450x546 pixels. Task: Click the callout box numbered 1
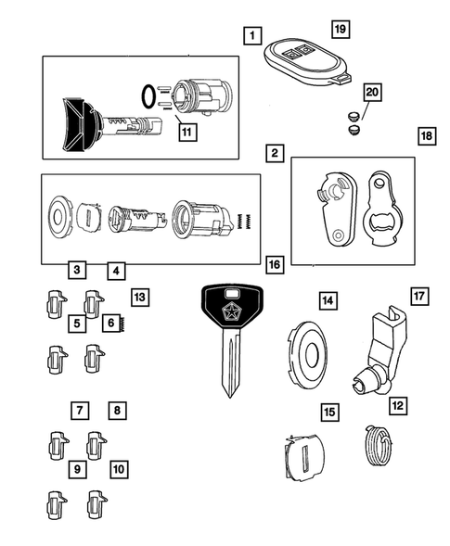pyautogui.click(x=250, y=36)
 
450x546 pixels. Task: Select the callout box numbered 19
pyautogui.click(x=340, y=30)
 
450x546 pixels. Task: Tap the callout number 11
pyautogui.click(x=187, y=132)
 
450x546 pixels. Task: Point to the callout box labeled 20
pyautogui.click(x=372, y=92)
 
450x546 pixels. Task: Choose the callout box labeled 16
pyautogui.click(x=274, y=266)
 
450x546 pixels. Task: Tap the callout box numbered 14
pyautogui.click(x=327, y=300)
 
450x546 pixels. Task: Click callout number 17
pyautogui.click(x=418, y=297)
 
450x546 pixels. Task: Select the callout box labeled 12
pyautogui.click(x=397, y=404)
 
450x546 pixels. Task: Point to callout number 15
pyautogui.click(x=328, y=410)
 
